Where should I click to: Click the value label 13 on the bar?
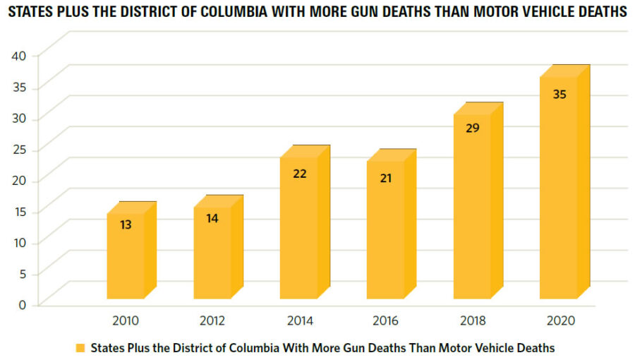coord(126,224)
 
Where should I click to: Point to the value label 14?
coord(212,218)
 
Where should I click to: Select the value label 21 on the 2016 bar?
coord(386,178)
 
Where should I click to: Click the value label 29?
coord(473,128)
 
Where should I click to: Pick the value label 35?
coord(560,93)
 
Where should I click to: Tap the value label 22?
coord(299,173)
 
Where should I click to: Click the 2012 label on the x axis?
coord(212,320)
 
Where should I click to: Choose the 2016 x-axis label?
coord(386,320)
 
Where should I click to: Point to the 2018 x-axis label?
coord(473,320)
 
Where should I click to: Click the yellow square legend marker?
coord(80,348)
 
